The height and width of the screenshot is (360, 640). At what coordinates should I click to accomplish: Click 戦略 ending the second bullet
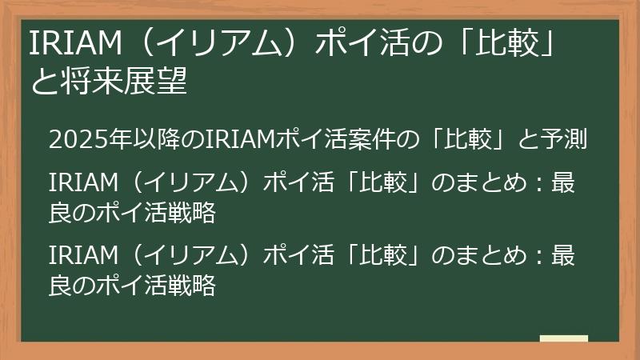point(197,214)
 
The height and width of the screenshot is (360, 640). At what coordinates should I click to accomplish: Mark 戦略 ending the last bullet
point(197,285)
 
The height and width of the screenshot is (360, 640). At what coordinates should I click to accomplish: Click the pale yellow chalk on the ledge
point(563,339)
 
